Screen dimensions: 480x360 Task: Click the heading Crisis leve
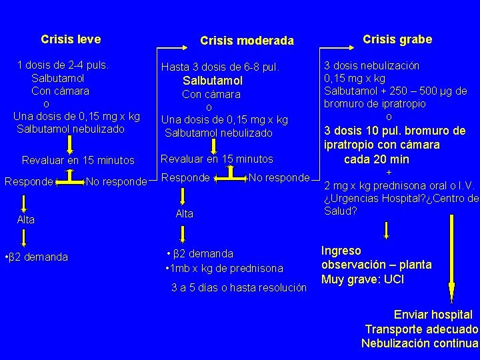[x=71, y=39]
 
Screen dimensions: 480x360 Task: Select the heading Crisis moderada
[x=247, y=41]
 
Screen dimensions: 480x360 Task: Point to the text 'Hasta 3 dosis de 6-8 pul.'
[x=220, y=67]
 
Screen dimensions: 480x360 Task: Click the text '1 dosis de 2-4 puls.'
[x=64, y=65]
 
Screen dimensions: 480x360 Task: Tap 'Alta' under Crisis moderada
[x=184, y=214]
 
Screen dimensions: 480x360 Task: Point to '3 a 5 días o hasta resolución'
[x=239, y=289]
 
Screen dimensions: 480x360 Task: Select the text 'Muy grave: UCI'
[x=363, y=279]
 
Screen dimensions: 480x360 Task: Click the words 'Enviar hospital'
[x=433, y=315]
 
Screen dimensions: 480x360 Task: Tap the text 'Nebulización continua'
[x=419, y=343]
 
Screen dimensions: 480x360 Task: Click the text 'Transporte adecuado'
[x=421, y=329]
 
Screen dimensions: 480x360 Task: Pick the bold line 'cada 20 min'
[x=377, y=160]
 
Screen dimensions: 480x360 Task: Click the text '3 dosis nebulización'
[x=371, y=66]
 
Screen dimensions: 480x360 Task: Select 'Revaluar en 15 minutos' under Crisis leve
[x=78, y=161]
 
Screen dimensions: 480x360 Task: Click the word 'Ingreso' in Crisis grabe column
[x=341, y=251]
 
